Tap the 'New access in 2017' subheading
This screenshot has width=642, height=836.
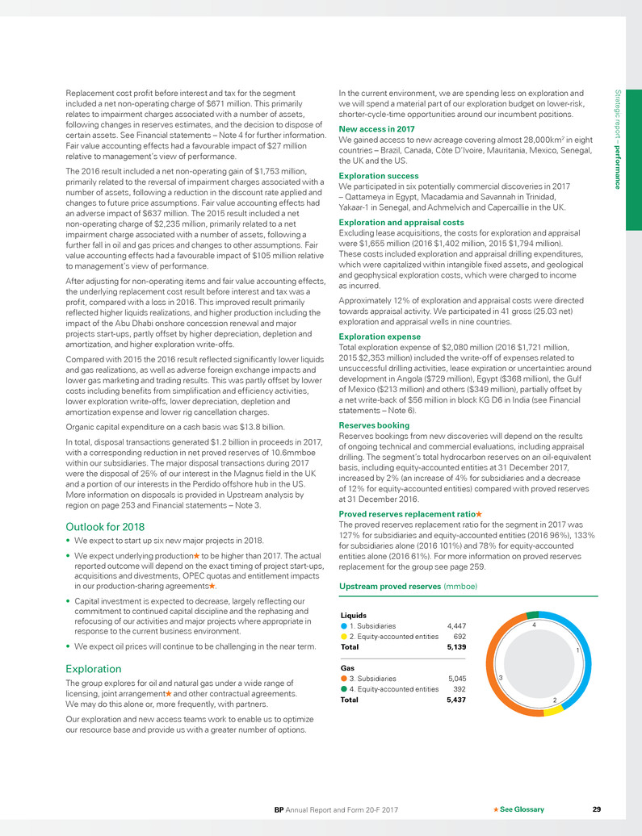point(376,128)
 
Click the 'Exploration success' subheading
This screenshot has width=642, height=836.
point(379,175)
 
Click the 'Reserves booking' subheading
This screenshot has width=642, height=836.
point(375,424)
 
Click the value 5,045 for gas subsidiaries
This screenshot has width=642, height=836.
point(456,679)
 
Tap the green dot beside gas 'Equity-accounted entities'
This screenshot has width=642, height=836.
point(344,690)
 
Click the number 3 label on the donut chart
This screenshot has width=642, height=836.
point(501,678)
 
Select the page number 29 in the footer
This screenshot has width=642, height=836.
point(596,809)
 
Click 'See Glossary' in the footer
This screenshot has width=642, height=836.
point(522,809)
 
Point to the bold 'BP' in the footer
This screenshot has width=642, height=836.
point(279,809)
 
